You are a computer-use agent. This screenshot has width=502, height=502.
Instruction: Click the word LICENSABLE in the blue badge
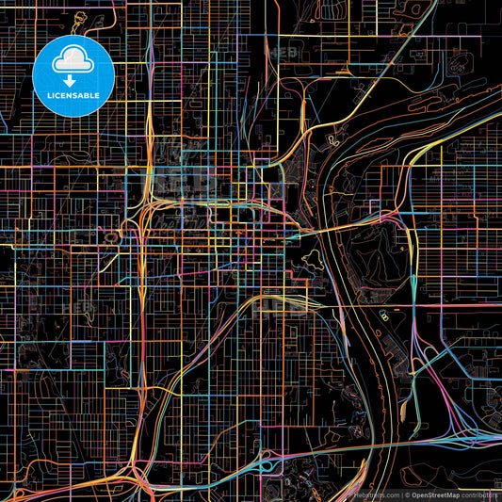(x=73, y=97)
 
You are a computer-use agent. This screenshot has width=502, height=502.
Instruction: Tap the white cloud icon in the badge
(x=73, y=59)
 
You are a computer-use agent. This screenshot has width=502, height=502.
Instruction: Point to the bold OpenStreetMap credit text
(x=429, y=494)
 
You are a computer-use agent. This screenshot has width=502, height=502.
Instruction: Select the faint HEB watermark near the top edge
(x=283, y=54)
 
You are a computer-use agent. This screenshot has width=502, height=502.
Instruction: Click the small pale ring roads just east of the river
(x=386, y=320)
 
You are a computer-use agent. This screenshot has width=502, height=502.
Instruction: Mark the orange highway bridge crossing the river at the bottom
(x=377, y=443)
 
